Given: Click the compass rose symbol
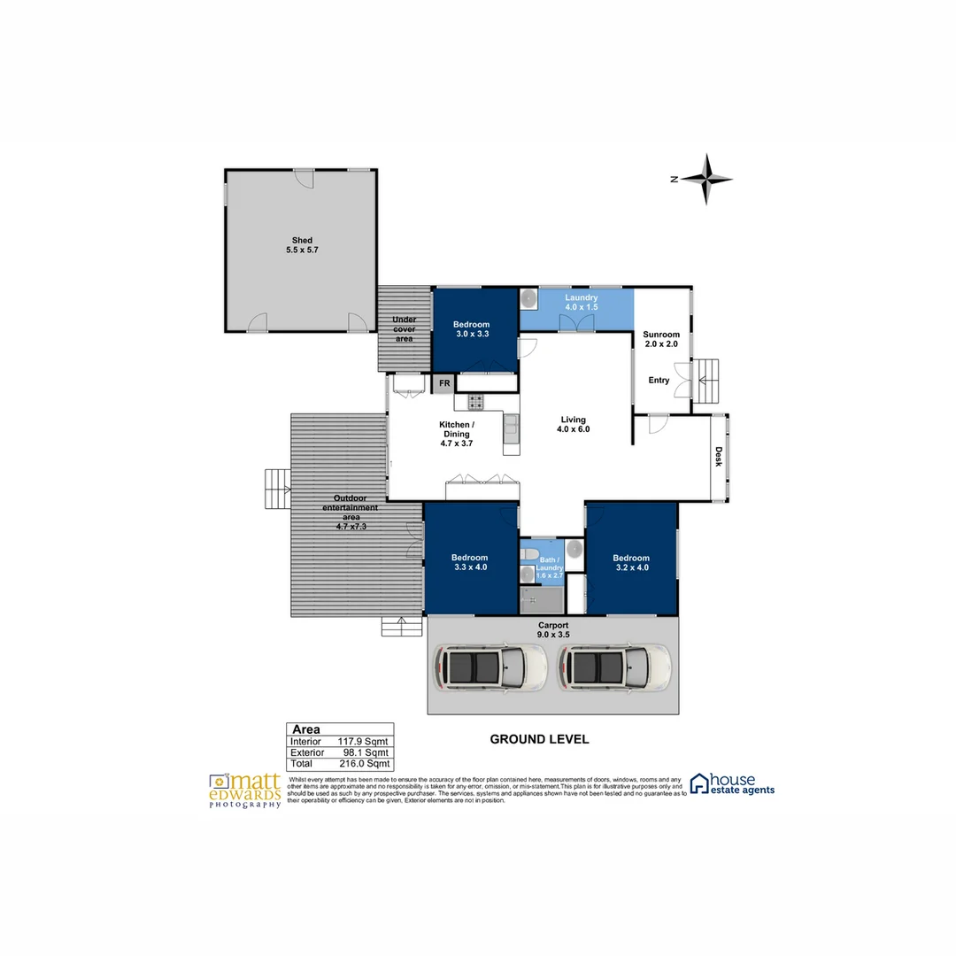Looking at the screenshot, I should point(705,179).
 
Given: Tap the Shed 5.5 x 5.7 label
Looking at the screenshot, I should point(302,245).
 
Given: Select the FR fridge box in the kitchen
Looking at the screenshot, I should point(443,384).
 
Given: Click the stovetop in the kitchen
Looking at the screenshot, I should point(475,402).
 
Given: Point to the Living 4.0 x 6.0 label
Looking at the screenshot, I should point(573,424).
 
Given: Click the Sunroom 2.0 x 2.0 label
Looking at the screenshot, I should point(660,339).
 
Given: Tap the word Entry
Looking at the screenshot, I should point(659,381).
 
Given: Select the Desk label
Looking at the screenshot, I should point(719,456).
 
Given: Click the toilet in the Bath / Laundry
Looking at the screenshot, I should point(528,554).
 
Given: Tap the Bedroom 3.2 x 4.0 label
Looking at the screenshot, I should point(631,563).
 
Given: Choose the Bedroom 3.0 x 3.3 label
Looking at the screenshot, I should point(471,329).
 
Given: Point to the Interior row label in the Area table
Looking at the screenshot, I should point(306,741).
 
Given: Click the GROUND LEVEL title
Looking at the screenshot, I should point(539,739).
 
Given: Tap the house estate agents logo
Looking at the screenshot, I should point(732,783).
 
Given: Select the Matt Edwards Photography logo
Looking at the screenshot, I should point(246,789).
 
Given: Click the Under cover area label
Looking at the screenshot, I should point(404,329).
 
